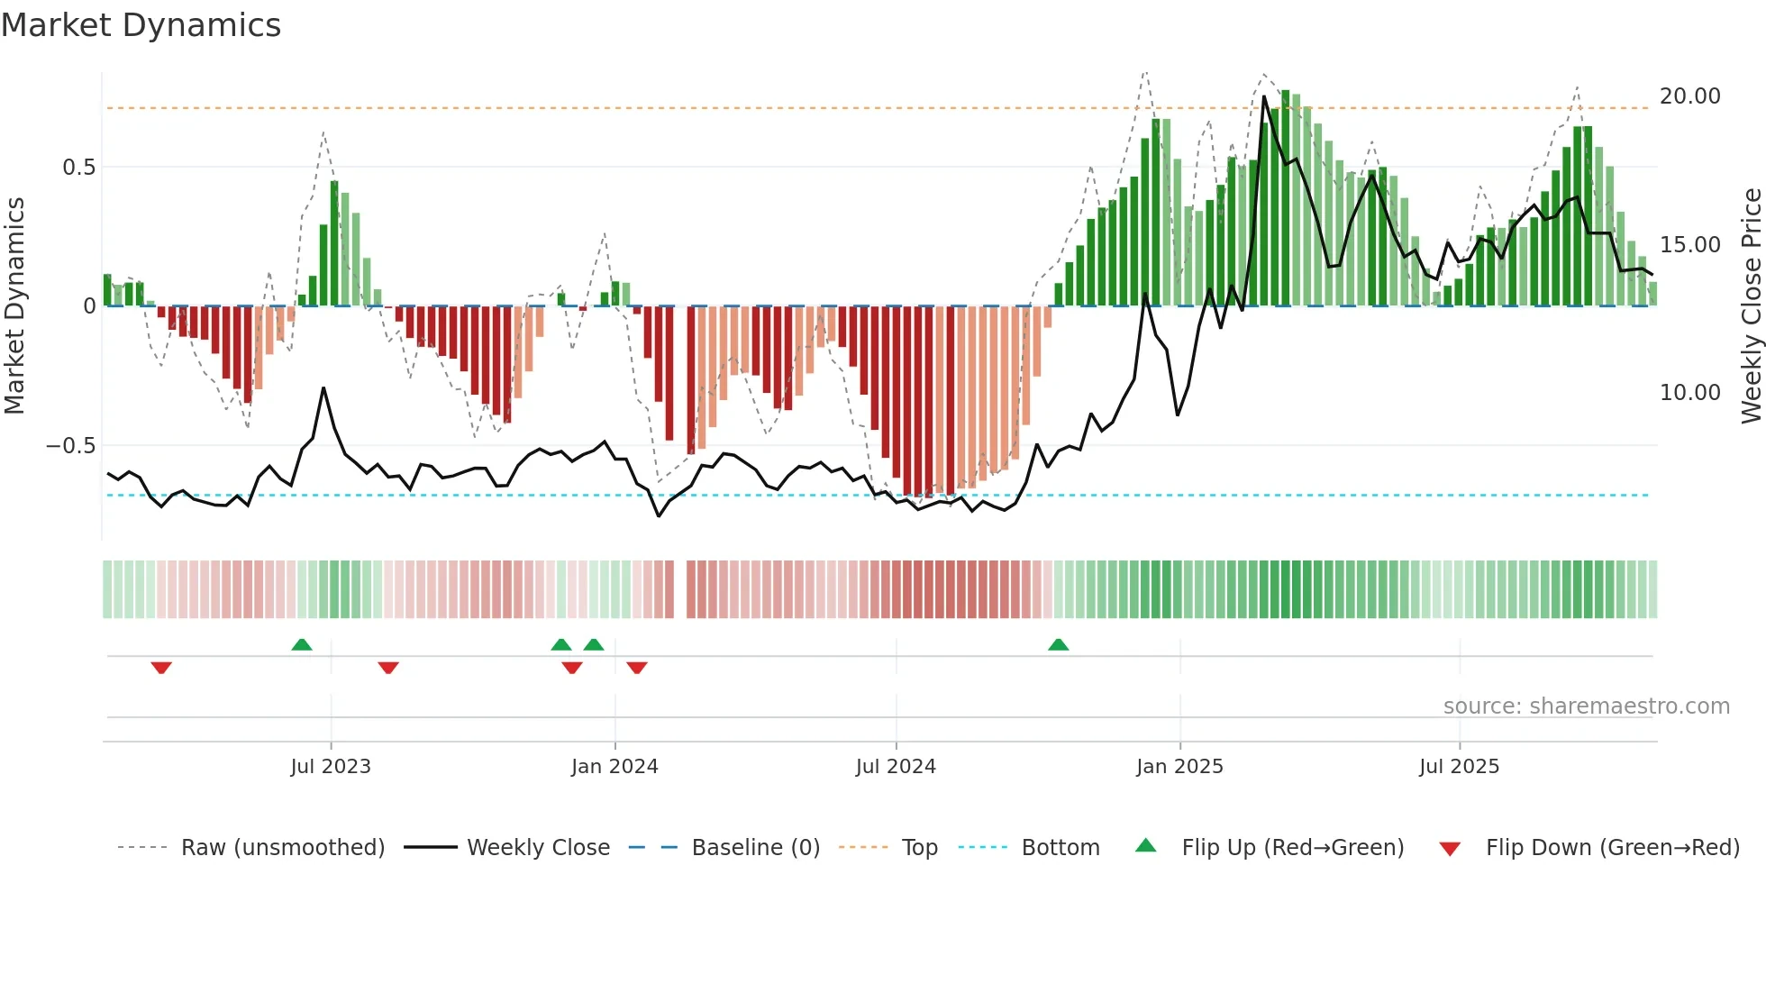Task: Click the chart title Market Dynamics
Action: [141, 25]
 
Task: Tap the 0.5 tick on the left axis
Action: [78, 168]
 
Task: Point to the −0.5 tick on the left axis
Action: [70, 446]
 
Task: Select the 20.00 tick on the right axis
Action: [1689, 96]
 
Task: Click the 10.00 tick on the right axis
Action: [1689, 393]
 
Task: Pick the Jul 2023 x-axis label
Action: [331, 767]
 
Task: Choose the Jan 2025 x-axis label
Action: [1179, 767]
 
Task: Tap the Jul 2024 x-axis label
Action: [896, 767]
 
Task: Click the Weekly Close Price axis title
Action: [1751, 306]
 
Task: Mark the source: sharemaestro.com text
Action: [1586, 706]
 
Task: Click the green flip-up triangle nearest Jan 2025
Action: [1059, 645]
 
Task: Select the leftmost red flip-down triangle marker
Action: [161, 668]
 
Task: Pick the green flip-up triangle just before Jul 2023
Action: [302, 645]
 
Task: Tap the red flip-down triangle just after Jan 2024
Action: [637, 668]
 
